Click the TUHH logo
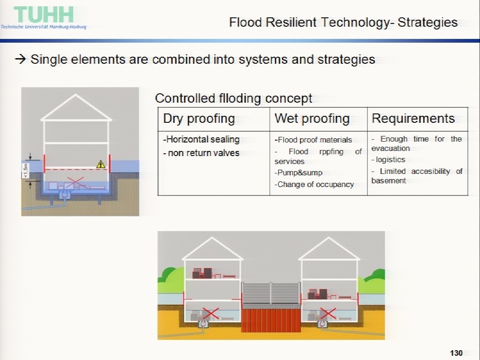tap(44, 17)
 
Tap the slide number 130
tap(456, 353)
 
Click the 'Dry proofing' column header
tap(199, 119)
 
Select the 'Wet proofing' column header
tap(312, 119)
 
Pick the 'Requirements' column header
tap(413, 119)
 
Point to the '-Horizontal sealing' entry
tap(201, 139)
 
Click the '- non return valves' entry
tap(201, 153)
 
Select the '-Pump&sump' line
tap(298, 173)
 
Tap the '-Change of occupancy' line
tap(314, 185)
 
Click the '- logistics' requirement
tap(388, 160)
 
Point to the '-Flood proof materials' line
tap(313, 140)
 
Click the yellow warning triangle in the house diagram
tap(101, 165)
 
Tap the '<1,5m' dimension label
tap(26, 171)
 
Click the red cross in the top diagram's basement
tap(75, 183)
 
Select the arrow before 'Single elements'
tap(21, 59)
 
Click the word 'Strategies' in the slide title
tap(427, 22)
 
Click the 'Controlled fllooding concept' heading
tap(233, 98)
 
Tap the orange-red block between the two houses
tap(271, 320)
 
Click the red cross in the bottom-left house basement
tap(211, 314)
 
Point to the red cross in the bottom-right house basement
tap(328, 314)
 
